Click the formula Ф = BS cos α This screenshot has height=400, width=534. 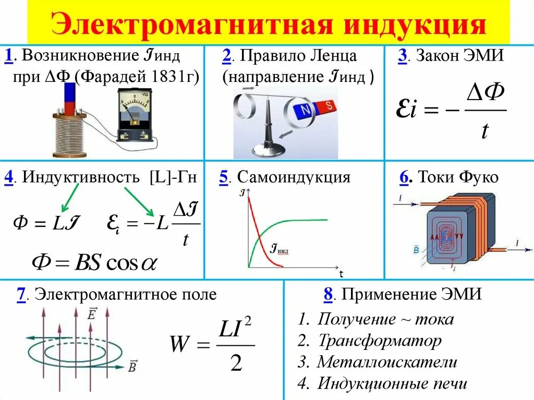point(94,262)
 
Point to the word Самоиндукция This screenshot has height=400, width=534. point(297,177)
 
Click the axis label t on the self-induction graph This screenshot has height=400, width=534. point(341,274)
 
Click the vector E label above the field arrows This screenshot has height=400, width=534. point(92,314)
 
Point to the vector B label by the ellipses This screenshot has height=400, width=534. point(132,367)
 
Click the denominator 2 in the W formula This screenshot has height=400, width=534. point(236,362)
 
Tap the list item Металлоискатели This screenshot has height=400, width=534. point(387,362)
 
